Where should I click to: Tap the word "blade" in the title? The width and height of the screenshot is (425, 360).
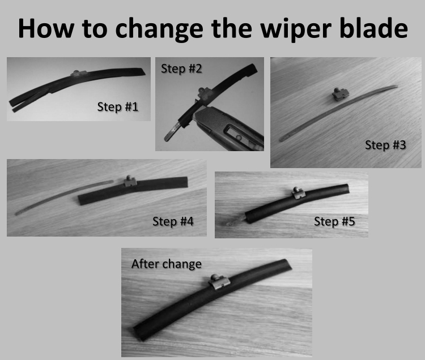point(374,28)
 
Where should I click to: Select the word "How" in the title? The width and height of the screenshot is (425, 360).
point(46,28)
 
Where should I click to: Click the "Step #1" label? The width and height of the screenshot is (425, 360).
point(118,106)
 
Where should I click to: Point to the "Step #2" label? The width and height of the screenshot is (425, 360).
point(181,68)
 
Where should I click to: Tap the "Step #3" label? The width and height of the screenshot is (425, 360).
point(385,145)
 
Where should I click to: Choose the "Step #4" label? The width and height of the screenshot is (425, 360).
point(173,221)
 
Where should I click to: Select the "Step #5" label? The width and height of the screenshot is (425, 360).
point(334,221)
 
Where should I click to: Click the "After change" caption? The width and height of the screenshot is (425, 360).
point(167,264)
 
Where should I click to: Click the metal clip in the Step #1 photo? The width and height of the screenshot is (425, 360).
point(79,73)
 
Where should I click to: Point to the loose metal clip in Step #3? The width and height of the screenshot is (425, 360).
point(341,94)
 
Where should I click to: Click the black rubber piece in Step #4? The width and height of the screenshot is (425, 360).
point(133,191)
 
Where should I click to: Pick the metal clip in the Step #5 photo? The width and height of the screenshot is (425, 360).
point(299,193)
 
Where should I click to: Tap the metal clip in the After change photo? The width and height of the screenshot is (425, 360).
point(219,282)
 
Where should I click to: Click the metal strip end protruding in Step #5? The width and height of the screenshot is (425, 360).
point(235,221)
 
